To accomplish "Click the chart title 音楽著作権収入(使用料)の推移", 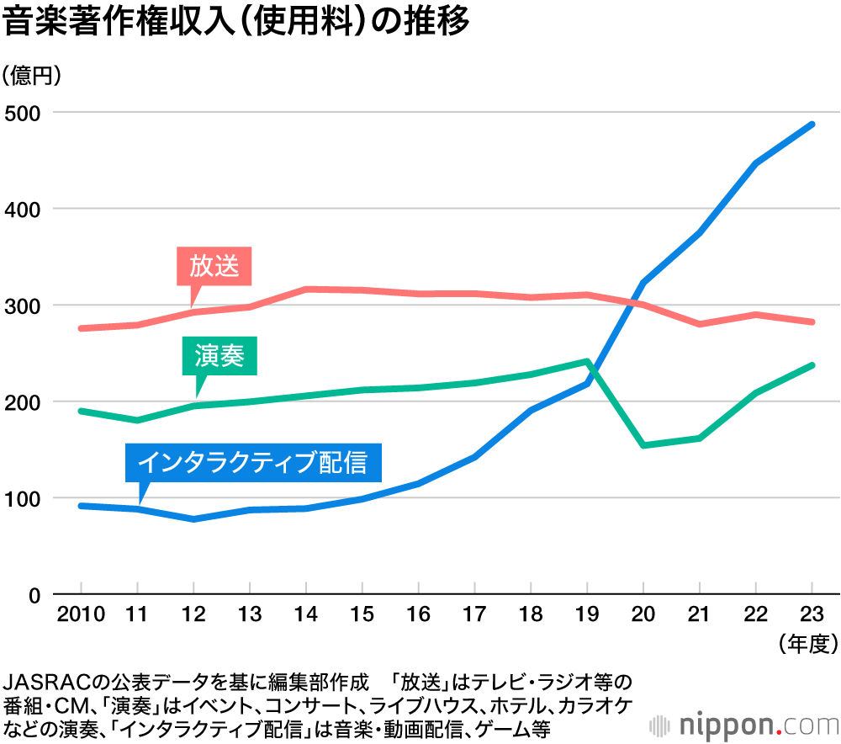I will [x=235, y=22].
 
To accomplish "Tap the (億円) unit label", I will [x=33, y=77].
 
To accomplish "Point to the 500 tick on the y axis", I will [x=23, y=113].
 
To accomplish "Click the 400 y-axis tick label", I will [x=23, y=209].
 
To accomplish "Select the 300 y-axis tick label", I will [x=23, y=306].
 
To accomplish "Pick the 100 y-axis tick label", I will [x=23, y=498].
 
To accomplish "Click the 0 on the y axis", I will [x=34, y=595].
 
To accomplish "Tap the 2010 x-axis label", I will [x=80, y=614].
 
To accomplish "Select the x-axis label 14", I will [x=305, y=614].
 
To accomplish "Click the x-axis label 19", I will [x=587, y=614].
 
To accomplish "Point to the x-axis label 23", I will [x=812, y=614].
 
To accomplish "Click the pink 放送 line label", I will [x=214, y=267].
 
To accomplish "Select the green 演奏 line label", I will [x=220, y=356].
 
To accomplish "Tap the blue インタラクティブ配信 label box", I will [x=252, y=462].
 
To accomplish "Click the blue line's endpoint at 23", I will [x=812, y=125].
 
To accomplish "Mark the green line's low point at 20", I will [x=643, y=445].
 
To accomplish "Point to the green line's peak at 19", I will [x=587, y=361].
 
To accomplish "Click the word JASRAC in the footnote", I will [x=42, y=680].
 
